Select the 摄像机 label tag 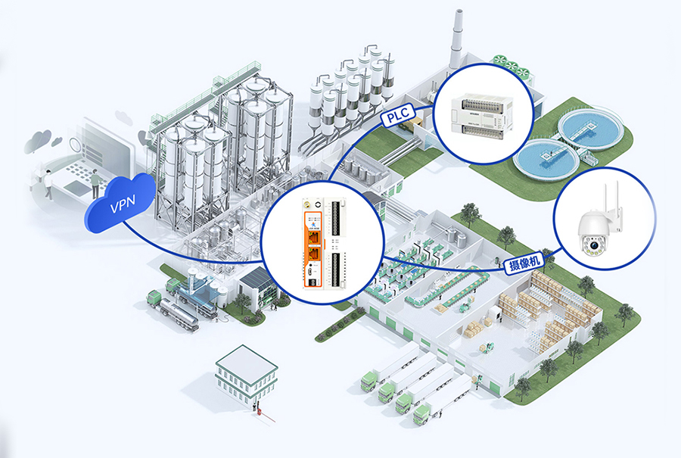pyautogui.click(x=525, y=263)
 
